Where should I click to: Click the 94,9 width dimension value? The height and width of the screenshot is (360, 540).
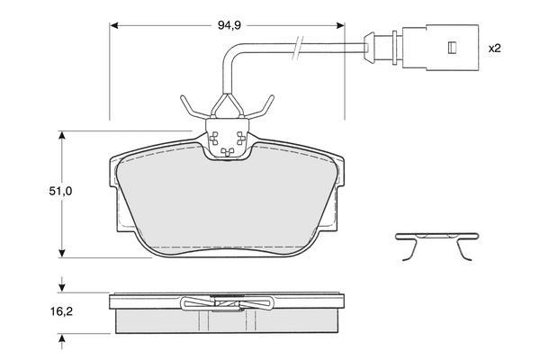click(229, 25)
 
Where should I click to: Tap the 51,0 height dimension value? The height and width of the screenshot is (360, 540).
click(60, 191)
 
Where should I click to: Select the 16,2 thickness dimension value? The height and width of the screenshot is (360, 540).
click(61, 311)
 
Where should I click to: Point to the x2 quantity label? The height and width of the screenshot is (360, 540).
click(494, 49)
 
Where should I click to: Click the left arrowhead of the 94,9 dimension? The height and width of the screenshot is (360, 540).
click(114, 25)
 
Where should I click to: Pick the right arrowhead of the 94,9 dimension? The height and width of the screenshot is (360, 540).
click(340, 25)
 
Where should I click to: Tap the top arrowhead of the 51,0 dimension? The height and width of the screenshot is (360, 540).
click(61, 135)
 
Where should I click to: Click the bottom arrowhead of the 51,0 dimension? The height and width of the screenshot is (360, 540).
click(61, 253)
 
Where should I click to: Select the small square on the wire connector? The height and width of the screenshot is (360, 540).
click(452, 48)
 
